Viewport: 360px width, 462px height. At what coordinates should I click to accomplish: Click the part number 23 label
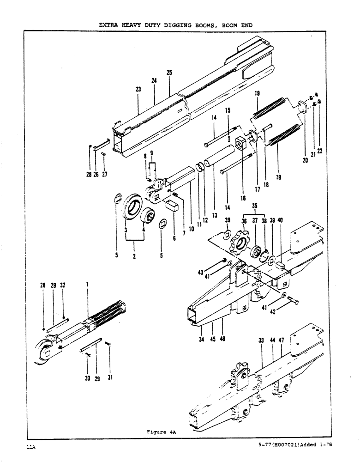click(138, 91)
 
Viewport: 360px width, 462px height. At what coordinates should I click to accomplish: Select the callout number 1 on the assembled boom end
click(87, 286)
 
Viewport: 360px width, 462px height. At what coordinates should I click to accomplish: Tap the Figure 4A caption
click(159, 432)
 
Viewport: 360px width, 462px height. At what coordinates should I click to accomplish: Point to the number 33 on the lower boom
click(261, 340)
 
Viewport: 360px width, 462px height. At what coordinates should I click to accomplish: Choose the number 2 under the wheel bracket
click(134, 255)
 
